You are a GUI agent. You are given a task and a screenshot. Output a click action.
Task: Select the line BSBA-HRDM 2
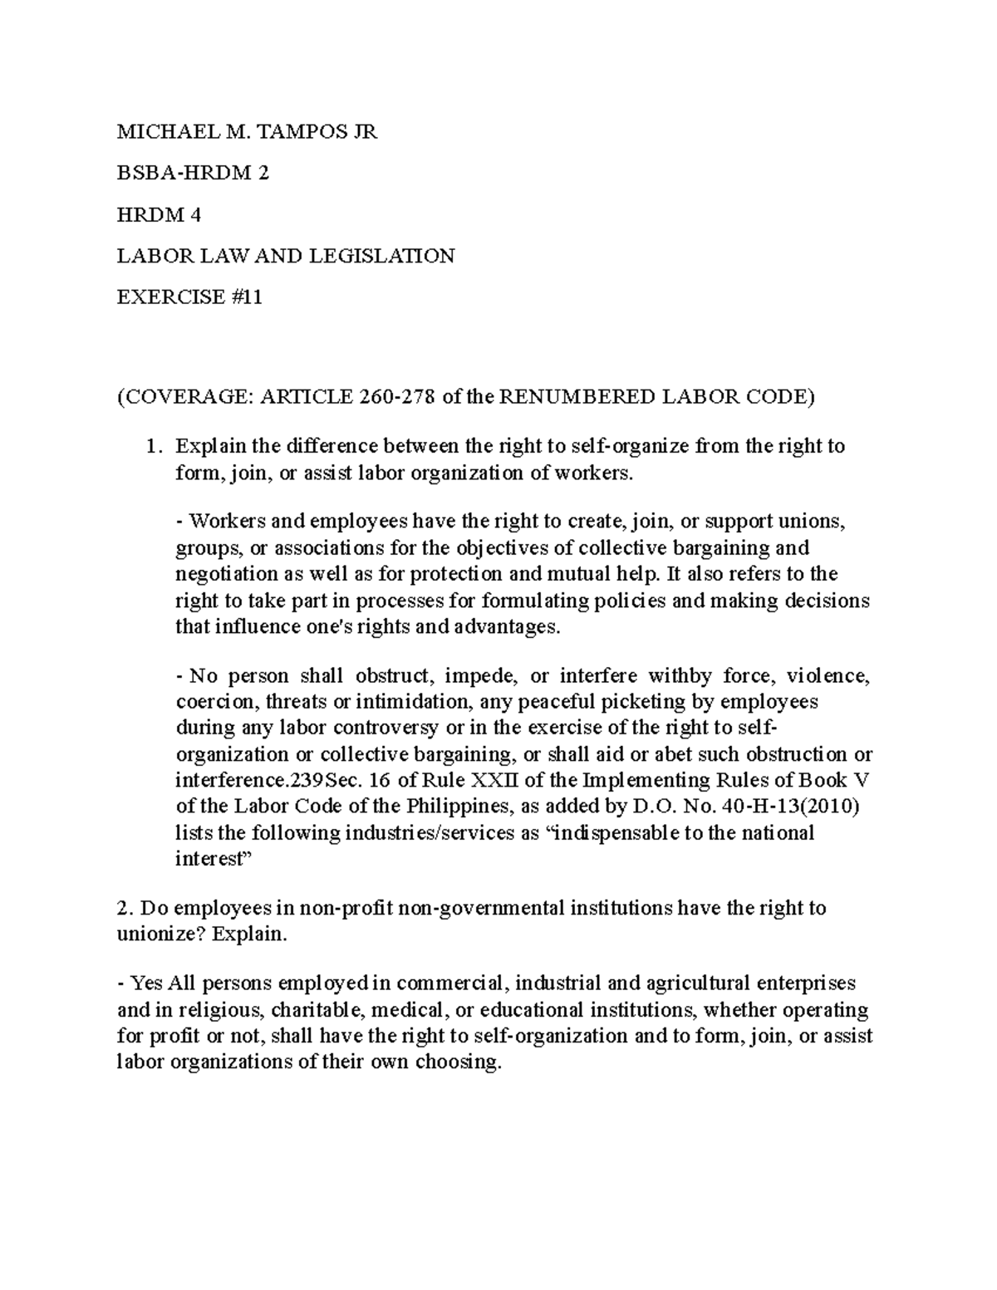193,173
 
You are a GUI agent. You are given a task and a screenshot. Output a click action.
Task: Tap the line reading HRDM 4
159,214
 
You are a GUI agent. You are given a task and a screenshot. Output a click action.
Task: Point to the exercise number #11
248,297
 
